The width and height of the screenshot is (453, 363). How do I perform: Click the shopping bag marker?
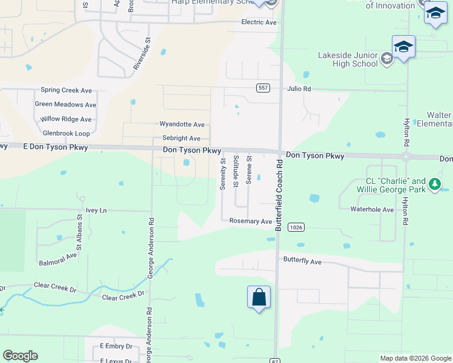coord(259,298)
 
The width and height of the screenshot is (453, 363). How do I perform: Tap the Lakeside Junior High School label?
coord(348,59)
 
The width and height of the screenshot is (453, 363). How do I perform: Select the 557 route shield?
coord(262,88)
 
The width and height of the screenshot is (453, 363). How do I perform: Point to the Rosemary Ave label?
coord(250,221)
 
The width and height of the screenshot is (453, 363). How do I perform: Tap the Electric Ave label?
coord(259,22)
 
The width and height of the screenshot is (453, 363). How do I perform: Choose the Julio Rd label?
coord(299,89)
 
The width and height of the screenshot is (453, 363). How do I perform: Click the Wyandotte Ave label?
coord(182,124)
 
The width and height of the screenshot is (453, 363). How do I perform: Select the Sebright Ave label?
coord(181,139)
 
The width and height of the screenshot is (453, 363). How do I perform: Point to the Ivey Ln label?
coord(96,211)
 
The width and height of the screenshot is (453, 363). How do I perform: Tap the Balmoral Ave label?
coord(58,260)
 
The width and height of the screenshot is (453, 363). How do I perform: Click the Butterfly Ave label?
coord(302,261)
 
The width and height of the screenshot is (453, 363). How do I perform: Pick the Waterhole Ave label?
coord(372,209)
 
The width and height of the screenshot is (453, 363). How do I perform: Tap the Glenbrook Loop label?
coord(66,133)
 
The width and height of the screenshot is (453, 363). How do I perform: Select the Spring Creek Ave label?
coord(66,90)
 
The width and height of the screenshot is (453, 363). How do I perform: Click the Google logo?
coord(20,356)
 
